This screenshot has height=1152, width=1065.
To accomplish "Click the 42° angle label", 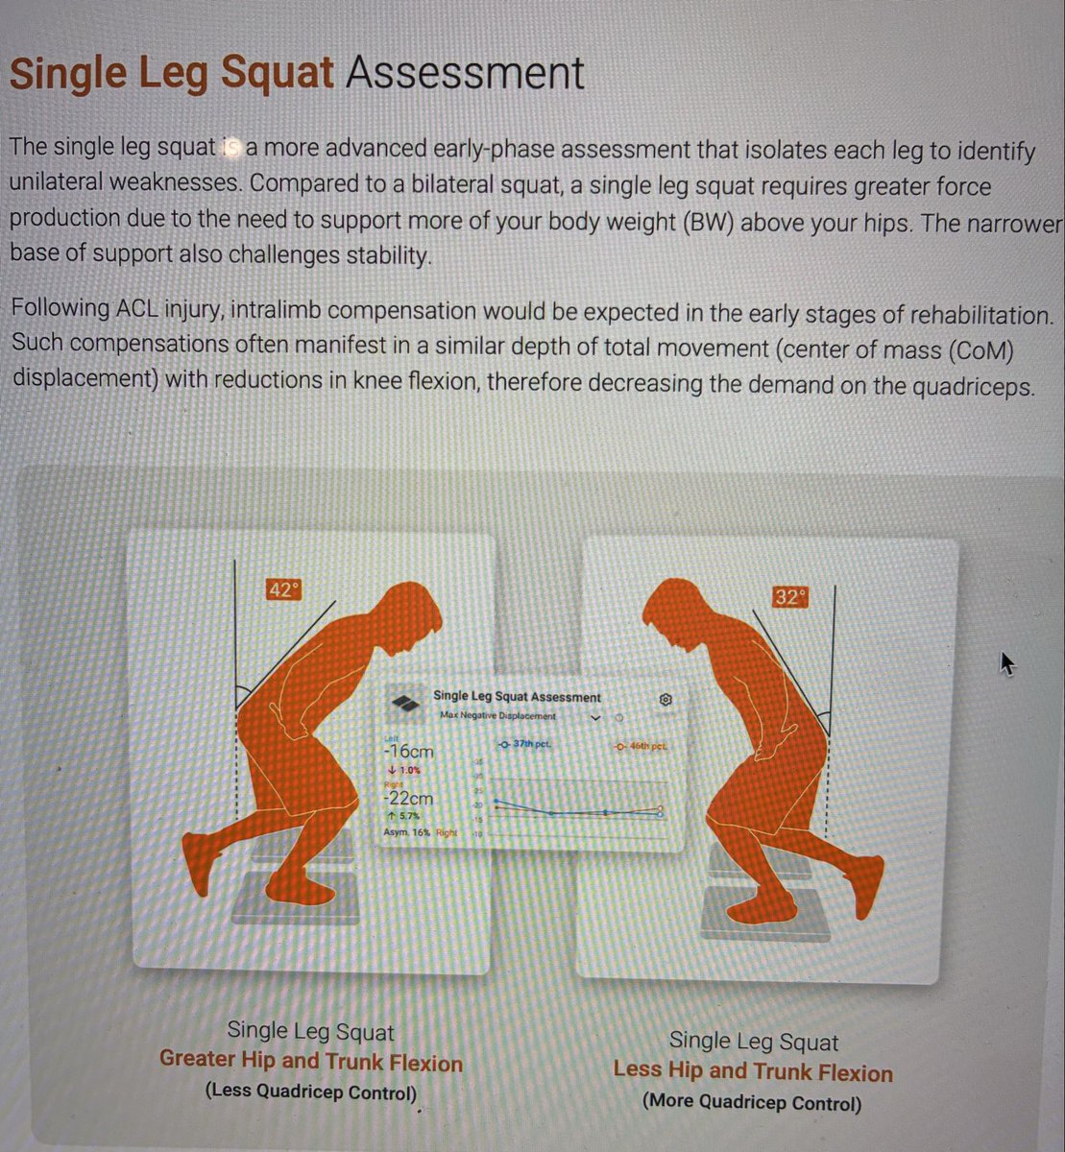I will [281, 589].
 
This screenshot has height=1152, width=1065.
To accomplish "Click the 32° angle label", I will [788, 597].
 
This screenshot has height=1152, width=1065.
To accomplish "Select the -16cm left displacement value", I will [408, 752].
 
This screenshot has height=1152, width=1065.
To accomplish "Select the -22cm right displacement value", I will [408, 798].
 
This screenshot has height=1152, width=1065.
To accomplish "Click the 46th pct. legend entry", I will [641, 746].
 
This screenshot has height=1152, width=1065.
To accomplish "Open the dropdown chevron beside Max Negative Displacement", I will [594, 717].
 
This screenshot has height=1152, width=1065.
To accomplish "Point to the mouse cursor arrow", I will [1005, 662].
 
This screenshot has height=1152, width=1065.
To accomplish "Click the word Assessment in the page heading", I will [465, 73].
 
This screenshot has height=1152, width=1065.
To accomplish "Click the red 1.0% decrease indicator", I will [403, 770].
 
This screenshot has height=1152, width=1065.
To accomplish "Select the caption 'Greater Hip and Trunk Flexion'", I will [310, 1062].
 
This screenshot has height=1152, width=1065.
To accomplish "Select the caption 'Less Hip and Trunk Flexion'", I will [752, 1071].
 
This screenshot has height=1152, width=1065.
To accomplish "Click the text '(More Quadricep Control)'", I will [752, 1103].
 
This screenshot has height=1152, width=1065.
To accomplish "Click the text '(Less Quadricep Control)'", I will [311, 1092].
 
